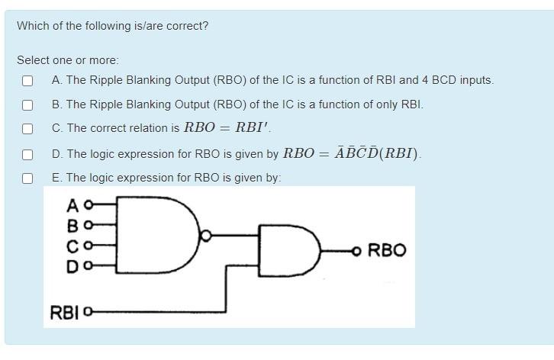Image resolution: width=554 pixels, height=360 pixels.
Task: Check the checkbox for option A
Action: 27,80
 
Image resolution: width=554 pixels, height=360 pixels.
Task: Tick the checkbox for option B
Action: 27,104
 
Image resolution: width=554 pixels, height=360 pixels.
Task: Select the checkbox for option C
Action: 27,129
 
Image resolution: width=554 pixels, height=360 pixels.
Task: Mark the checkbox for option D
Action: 27,154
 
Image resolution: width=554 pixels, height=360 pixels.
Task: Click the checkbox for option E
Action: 27,178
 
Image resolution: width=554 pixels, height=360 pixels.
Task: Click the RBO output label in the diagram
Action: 387,250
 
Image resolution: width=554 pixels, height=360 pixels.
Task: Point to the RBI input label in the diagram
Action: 64,312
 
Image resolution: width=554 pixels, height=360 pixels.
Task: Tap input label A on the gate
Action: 72,205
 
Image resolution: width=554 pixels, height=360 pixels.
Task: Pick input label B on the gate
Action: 72,226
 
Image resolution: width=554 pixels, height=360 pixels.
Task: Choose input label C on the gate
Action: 72,246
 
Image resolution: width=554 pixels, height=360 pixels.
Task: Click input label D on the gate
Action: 72,266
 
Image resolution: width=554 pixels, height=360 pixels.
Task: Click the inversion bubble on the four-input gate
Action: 204,236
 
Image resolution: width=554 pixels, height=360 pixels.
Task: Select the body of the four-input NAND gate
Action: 156,236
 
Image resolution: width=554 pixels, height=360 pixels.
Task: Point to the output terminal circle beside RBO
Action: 356,250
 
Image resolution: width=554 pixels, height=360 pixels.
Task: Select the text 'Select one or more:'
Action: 68,59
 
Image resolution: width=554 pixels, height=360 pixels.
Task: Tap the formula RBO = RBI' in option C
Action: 227,128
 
